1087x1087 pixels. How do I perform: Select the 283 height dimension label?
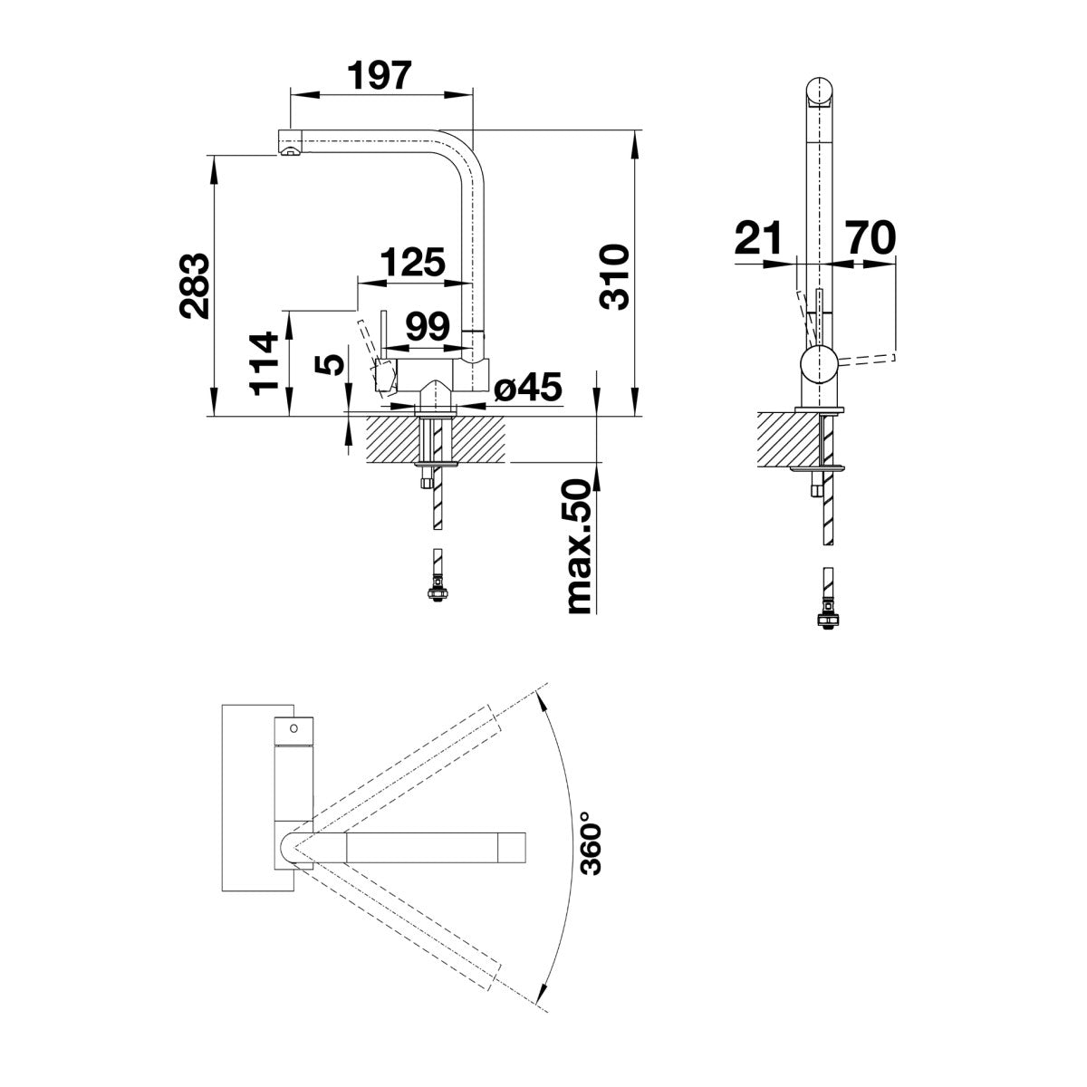195,286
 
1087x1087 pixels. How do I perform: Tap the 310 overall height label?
614,276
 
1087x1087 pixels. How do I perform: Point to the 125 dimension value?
412,263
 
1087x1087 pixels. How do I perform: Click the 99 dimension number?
428,326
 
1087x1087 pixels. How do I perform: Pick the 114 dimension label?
264,364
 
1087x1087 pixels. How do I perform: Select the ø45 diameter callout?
528,387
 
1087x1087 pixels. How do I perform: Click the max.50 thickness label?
579,546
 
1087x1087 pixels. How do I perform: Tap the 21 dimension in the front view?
758,237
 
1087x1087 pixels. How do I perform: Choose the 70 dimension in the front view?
871,237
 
